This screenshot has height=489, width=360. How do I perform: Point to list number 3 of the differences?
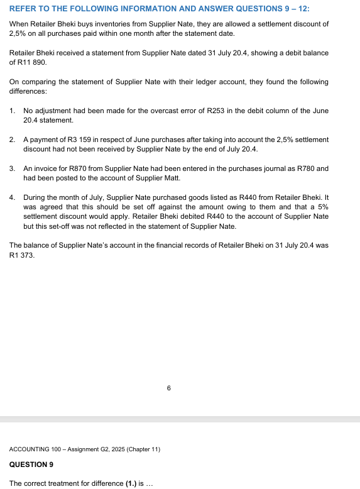(13, 169)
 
